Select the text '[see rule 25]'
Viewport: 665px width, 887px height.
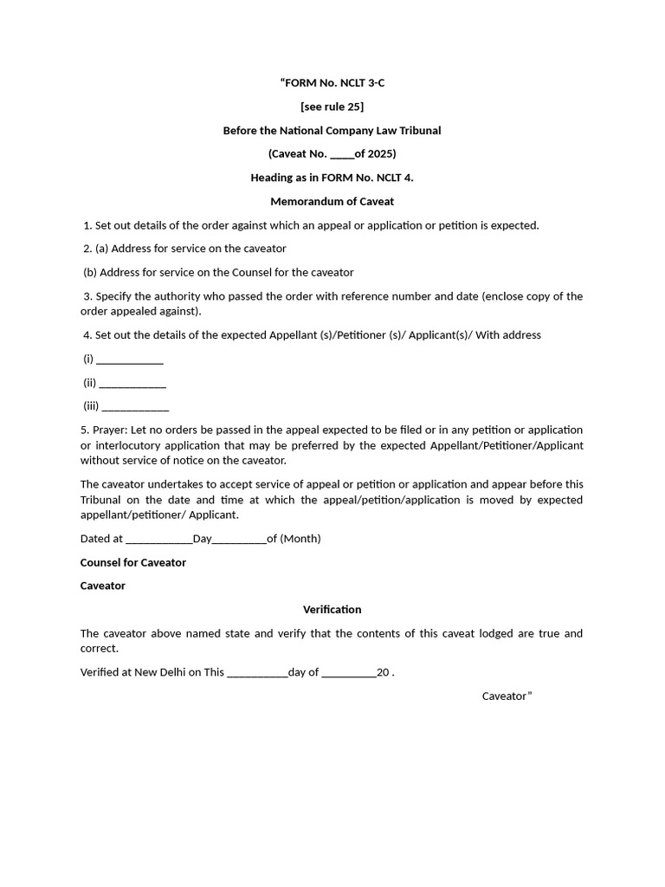332,107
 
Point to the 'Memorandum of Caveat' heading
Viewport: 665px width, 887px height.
332,202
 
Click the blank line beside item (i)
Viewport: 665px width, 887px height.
129,360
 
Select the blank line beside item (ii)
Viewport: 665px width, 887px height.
132,384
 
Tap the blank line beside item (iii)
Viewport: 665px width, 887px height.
135,407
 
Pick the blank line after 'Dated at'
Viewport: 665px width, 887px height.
158,540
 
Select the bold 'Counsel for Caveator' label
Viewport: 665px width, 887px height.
133,563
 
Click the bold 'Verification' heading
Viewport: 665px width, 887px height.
332,610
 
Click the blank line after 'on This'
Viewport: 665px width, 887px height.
257,673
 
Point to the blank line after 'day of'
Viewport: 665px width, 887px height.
348,673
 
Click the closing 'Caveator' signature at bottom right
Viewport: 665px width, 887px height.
504,696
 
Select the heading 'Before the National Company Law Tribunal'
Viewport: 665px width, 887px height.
332,131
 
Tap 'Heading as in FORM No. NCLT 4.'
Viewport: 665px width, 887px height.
332,178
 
